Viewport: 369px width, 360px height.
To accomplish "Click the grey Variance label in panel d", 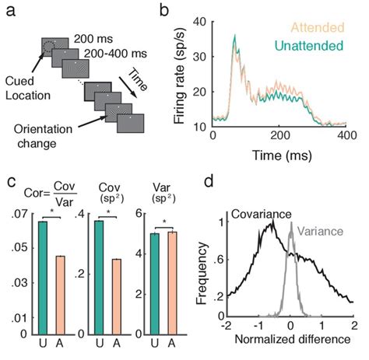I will (317, 231).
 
